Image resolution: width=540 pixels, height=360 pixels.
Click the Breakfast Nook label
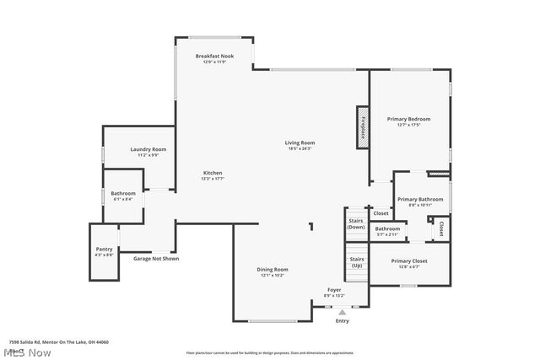point(214,56)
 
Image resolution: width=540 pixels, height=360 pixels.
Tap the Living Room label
point(299,142)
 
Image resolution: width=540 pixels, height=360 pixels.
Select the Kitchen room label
point(212,173)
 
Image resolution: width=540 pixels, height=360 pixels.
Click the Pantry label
point(104,249)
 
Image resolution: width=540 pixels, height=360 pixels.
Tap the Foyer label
point(334,289)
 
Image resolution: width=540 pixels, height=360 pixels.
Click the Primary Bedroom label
point(408,119)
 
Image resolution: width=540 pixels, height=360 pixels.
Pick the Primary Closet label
point(409,261)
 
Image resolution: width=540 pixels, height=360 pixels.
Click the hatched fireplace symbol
point(362,128)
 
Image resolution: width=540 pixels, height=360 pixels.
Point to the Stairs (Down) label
point(356,223)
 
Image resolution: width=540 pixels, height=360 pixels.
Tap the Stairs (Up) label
point(356,262)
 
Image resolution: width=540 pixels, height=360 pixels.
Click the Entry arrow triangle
point(342,312)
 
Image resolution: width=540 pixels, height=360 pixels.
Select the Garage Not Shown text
point(155,258)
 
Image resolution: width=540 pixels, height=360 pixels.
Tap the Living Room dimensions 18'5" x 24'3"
point(299,148)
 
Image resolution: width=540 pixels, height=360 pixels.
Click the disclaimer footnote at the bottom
point(269,352)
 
